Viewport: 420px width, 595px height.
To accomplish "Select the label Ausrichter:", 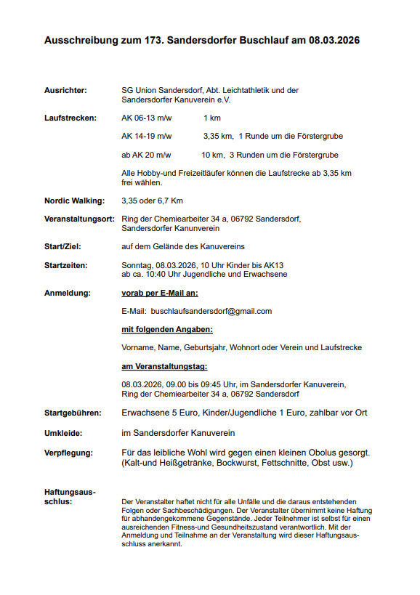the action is pos(65,90).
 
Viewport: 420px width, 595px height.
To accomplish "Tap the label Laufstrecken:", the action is pos(70,117).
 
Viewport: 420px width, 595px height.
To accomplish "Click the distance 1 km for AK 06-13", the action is pos(212,117).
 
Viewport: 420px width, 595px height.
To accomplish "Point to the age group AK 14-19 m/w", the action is pos(147,136).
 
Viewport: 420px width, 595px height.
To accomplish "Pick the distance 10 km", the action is pos(212,155).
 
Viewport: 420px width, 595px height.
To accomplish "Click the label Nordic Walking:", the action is pos(74,201).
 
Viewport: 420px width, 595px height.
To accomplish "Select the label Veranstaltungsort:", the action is pos(79,219).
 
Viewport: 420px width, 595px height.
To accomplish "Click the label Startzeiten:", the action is pos(68,265).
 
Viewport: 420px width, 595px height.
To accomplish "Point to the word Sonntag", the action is pos(136,265).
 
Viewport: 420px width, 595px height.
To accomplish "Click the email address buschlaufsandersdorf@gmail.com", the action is pos(211,311).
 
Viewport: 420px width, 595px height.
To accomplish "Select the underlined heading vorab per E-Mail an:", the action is pos(160,293).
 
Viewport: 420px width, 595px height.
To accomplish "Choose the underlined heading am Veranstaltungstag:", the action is pos(164,366).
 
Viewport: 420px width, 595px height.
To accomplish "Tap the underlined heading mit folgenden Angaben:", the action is pos(162,329).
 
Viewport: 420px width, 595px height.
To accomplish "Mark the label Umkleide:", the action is pos(63,433).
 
